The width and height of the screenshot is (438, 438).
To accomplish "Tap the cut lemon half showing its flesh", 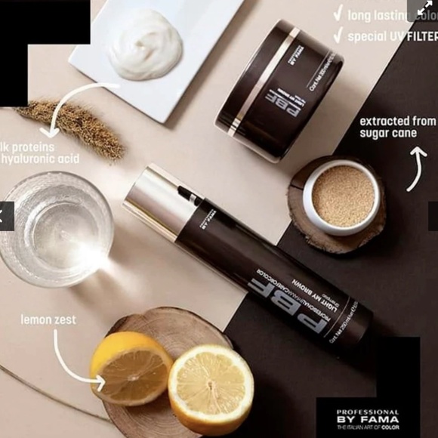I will tap(211, 388).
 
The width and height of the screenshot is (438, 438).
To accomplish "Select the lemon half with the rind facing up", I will tap(130, 366).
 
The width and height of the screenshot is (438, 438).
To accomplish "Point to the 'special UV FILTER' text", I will tap(390, 35).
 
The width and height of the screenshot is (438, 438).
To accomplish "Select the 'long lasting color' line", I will tap(390, 14).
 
